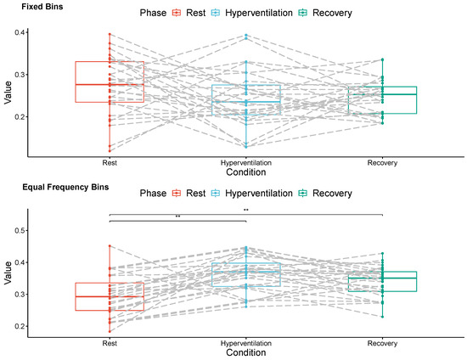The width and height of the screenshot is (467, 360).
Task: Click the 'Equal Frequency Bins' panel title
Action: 54,187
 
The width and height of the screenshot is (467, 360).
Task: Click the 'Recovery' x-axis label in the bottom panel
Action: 383,344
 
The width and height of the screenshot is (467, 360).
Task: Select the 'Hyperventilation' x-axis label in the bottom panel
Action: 246,344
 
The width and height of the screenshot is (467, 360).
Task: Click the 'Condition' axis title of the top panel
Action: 245,172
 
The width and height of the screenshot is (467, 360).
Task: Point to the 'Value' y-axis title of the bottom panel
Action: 8,277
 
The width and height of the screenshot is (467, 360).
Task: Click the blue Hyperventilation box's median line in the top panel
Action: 246,102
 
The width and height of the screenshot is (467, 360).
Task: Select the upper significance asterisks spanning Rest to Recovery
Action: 246,210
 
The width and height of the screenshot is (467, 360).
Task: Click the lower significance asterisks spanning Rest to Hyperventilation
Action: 178,217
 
